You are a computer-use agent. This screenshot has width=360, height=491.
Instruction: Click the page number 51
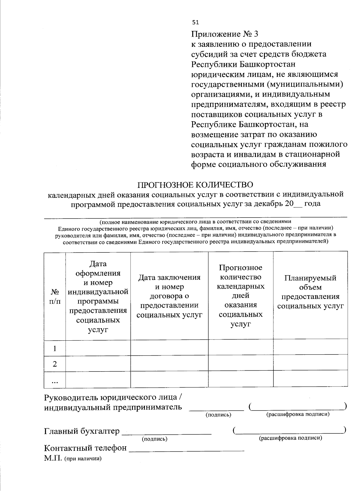(x=195, y=22)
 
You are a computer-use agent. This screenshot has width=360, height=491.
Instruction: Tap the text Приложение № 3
(x=224, y=34)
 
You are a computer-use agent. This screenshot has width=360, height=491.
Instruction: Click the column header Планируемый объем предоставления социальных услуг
(x=310, y=292)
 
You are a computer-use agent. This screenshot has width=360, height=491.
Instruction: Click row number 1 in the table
(x=55, y=348)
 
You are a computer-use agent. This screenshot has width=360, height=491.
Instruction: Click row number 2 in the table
(x=55, y=364)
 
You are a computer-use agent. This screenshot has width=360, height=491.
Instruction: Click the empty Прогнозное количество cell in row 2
(x=241, y=364)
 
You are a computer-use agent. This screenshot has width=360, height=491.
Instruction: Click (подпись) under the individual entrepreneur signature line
(x=218, y=415)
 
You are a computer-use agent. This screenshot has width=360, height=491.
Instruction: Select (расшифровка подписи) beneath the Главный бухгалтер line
(x=290, y=438)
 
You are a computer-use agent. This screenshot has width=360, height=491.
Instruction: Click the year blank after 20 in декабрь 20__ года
(x=298, y=204)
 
